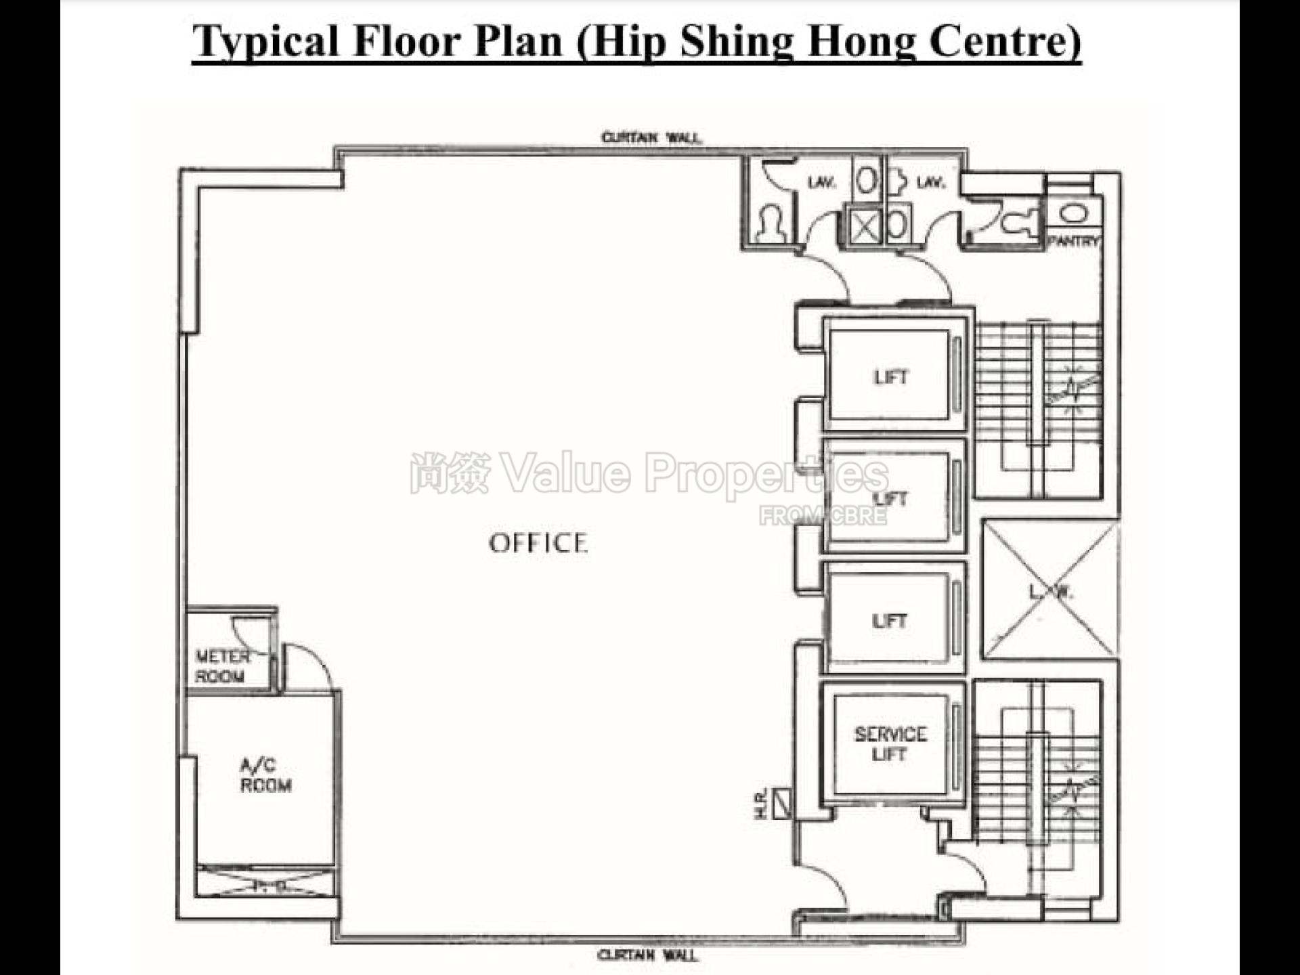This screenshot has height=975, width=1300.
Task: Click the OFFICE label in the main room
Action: coord(538,543)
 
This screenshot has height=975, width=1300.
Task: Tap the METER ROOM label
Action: coord(221,666)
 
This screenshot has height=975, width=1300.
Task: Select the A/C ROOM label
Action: coord(265,775)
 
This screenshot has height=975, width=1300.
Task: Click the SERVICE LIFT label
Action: coord(890,744)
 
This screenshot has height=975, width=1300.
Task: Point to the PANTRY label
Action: coord(1073,241)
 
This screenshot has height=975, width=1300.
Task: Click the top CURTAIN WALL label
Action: coord(651,138)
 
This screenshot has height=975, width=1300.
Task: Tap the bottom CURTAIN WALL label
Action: coord(647,955)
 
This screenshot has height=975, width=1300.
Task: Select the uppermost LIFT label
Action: coord(890,377)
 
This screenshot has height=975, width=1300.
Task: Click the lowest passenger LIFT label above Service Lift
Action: coord(889,621)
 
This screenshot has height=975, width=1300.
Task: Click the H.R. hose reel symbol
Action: coord(782,804)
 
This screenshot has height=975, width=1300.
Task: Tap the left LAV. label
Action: coord(821,183)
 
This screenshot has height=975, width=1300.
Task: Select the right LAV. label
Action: coord(930,183)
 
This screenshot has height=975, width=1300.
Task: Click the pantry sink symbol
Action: coord(1073,214)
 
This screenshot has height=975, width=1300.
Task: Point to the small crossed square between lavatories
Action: coord(865,226)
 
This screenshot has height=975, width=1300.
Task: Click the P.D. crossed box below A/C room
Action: coord(265,883)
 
